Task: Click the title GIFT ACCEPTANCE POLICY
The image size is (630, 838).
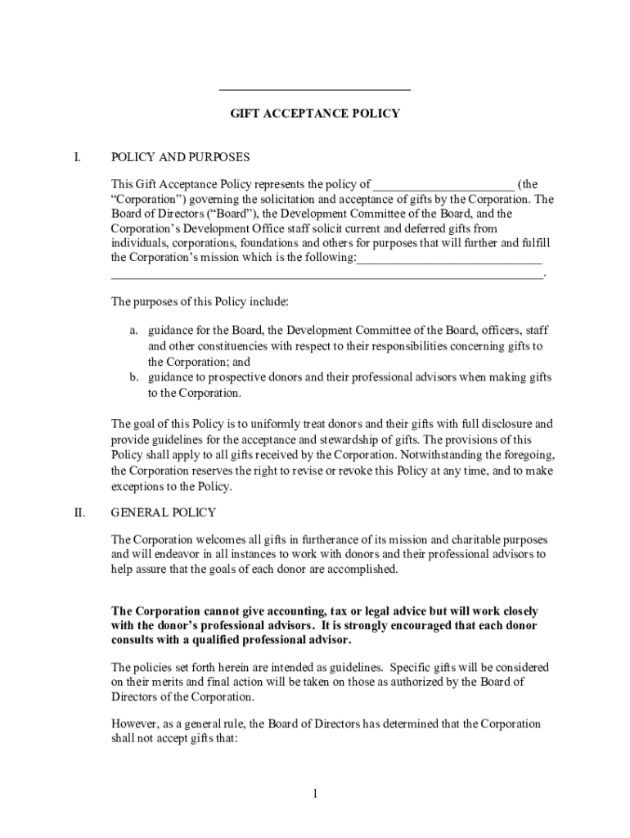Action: pos(314,113)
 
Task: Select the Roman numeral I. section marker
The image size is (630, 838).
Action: pos(78,156)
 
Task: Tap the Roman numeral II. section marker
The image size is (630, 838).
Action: pos(79,512)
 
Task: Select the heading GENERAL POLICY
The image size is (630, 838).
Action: pos(164,512)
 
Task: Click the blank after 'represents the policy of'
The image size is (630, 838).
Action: pos(444,186)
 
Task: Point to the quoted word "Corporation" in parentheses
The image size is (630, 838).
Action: pos(146,199)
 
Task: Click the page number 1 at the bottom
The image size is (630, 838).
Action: pos(314,793)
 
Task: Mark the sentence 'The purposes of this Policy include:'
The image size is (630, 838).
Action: pos(200,302)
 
